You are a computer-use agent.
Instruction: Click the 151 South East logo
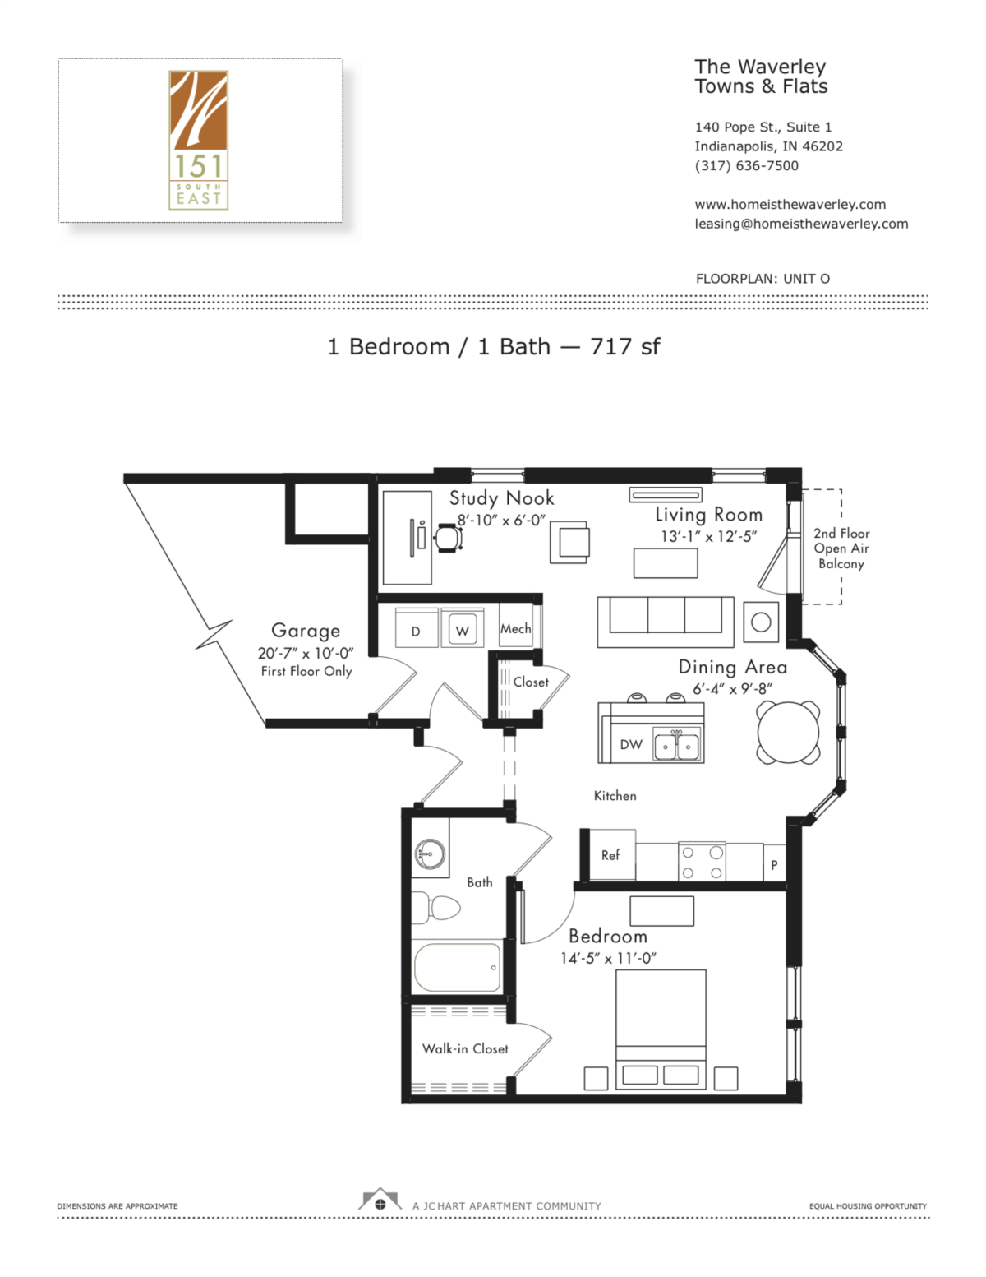point(198,139)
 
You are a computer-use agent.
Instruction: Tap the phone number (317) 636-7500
point(746,165)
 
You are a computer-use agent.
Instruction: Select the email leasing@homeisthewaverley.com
point(801,224)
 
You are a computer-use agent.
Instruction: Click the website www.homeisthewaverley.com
point(790,204)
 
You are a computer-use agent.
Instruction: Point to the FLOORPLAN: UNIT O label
point(762,279)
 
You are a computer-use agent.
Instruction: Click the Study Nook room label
point(501,498)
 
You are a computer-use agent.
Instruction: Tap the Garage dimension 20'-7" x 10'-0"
point(305,653)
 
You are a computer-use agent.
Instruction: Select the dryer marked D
point(416,631)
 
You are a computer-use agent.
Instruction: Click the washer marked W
point(463,631)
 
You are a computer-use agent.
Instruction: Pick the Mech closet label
point(516,628)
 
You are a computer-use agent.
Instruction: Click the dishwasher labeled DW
point(630,744)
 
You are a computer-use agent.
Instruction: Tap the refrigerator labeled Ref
point(610,855)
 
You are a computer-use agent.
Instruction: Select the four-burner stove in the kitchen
point(702,862)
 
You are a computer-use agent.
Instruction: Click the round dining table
point(788,732)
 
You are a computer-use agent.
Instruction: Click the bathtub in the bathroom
point(457,967)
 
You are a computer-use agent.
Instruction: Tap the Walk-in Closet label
point(465,1048)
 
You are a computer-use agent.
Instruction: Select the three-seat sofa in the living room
point(666,621)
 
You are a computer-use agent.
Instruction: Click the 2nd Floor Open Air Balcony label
point(841,548)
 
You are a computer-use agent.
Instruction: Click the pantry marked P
point(774,864)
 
